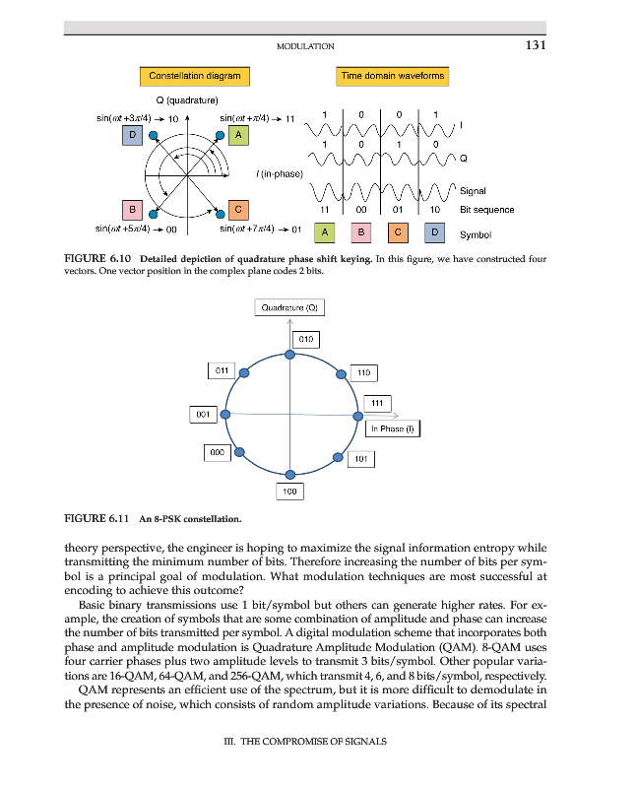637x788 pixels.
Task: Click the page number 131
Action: (536, 44)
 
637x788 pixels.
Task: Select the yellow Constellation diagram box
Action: (195, 76)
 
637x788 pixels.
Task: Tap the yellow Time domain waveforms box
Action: (393, 76)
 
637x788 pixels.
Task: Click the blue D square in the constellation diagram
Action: (132, 135)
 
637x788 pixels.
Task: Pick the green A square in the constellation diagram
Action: (236, 135)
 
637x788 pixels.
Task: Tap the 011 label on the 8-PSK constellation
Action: (222, 370)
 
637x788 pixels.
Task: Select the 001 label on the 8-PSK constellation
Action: (203, 415)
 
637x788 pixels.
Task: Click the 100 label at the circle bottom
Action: (290, 490)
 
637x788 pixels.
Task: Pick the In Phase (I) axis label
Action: (393, 428)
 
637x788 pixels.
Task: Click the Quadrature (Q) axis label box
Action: (289, 307)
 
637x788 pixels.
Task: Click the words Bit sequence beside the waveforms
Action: (486, 210)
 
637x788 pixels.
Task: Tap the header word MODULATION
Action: (305, 45)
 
